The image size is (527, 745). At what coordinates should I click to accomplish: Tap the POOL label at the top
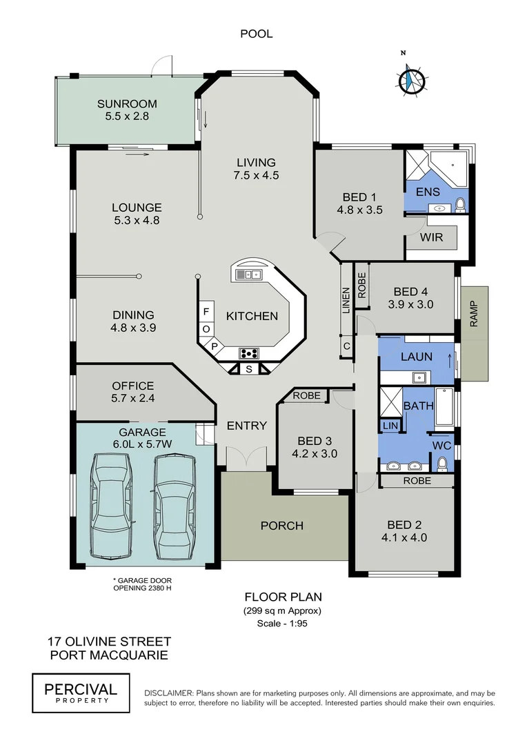click(x=256, y=33)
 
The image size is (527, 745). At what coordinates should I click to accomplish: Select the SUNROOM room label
click(x=123, y=104)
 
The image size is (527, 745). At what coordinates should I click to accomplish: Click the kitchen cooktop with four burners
click(x=249, y=353)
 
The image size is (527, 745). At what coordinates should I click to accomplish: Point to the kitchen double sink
click(x=247, y=274)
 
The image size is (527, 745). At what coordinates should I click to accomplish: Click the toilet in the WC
click(x=444, y=463)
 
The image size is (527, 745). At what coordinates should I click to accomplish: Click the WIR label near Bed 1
click(x=431, y=237)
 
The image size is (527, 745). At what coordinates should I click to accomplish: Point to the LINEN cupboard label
click(x=346, y=300)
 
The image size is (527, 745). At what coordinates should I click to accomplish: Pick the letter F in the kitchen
click(x=206, y=311)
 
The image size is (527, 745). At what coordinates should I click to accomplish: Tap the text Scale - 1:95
click(x=283, y=624)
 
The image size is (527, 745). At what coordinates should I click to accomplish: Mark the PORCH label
click(x=281, y=526)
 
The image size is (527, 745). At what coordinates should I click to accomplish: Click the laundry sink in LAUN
click(x=418, y=377)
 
